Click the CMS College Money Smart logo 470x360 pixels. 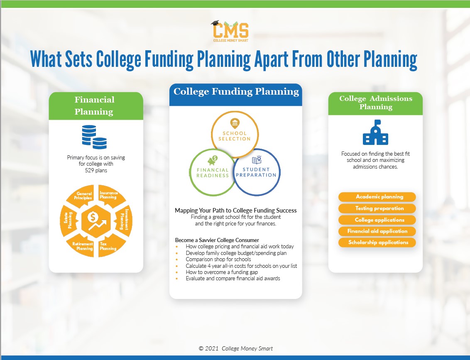click(x=230, y=32)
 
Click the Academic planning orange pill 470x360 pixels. click(x=377, y=197)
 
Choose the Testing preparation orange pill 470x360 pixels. click(x=377, y=208)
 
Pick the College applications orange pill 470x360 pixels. click(x=377, y=220)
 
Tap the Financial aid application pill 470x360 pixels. click(x=377, y=231)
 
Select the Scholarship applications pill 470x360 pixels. click(x=377, y=242)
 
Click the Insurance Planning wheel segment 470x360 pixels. click(x=109, y=196)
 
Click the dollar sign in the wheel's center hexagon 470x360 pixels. click(x=93, y=216)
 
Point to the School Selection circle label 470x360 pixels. click(x=235, y=136)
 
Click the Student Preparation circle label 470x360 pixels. click(x=256, y=172)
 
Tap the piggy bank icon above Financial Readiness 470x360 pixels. click(x=214, y=160)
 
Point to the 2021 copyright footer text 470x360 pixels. click(x=235, y=348)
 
